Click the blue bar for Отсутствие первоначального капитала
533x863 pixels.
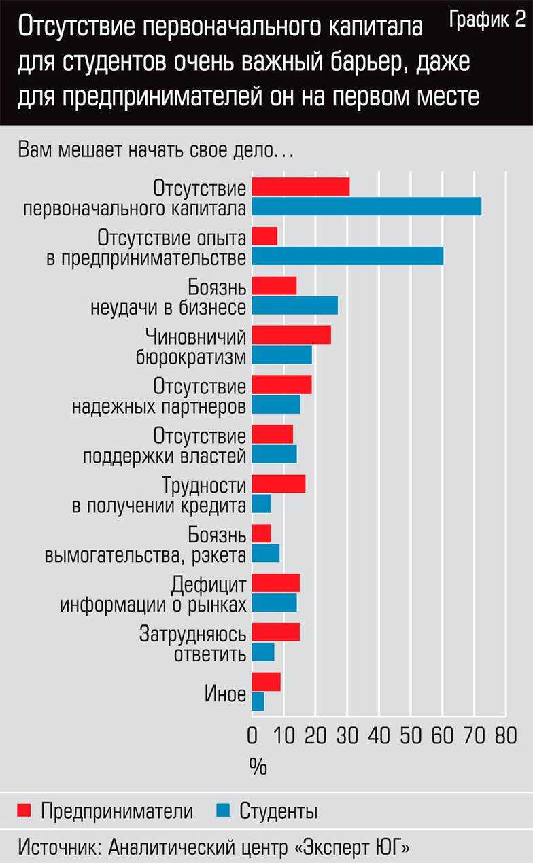366,206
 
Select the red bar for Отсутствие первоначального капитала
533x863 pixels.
300,186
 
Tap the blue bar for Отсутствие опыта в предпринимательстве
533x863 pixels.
347,256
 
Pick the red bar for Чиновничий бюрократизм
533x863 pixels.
291,335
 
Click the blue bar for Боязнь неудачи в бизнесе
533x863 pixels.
294,306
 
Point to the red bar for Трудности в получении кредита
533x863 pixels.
279,484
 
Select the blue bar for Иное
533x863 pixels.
258,702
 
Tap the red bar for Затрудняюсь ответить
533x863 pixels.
275,633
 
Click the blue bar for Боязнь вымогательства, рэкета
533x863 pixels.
265,553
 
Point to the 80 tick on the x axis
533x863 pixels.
505,736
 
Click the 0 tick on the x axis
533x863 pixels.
253,736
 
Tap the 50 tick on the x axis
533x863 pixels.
410,736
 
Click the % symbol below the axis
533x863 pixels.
258,766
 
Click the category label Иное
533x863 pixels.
225,694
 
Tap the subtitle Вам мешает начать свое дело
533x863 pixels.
155,149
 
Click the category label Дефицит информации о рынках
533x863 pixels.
152,593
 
